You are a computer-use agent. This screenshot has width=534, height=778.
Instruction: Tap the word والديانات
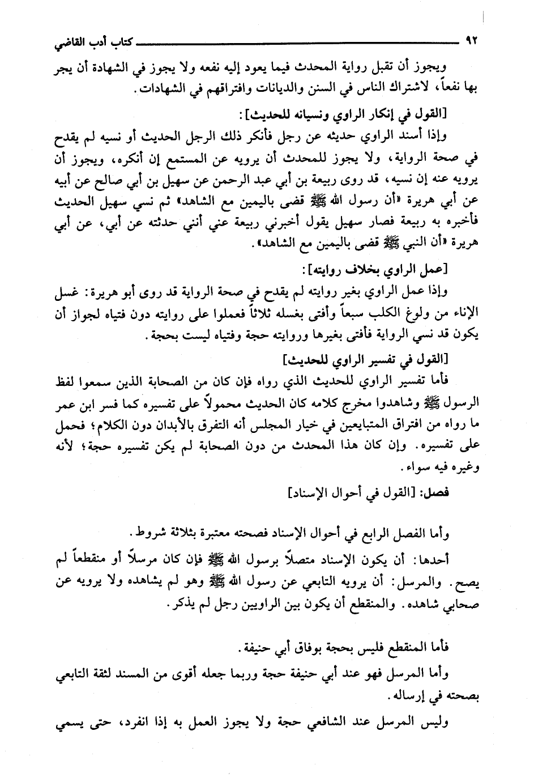click(255, 88)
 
